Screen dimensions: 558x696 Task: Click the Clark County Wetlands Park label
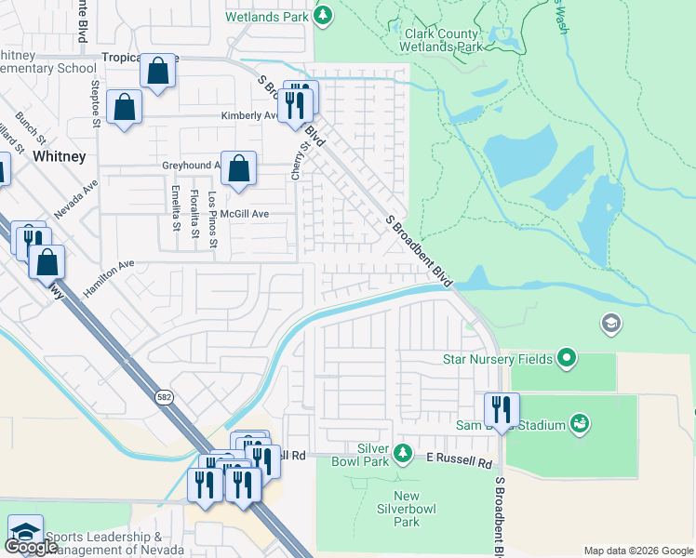click(441, 40)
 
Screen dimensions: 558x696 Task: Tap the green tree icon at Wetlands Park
click(323, 15)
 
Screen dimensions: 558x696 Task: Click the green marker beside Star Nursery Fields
click(567, 358)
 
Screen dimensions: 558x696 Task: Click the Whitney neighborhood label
click(60, 157)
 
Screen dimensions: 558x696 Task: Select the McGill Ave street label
click(245, 214)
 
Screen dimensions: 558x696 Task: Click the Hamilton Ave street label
click(108, 272)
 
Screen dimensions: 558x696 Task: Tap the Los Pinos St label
click(213, 220)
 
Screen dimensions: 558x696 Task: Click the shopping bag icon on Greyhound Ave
click(239, 169)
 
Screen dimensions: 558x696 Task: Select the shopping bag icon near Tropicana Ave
click(159, 71)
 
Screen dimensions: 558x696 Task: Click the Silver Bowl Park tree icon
click(402, 453)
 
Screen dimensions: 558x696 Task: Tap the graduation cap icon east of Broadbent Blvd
click(612, 324)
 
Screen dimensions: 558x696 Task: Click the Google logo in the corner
click(31, 546)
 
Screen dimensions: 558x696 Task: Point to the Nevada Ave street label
click(76, 199)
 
